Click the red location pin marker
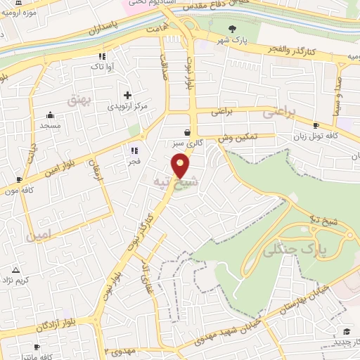[181, 166]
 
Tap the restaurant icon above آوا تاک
[102, 57]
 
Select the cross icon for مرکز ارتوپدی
[127, 95]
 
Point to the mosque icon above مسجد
[50, 115]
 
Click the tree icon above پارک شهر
[233, 29]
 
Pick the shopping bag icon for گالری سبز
[187, 132]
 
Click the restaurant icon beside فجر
[134, 150]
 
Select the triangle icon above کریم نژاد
[15, 270]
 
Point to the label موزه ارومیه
[20, 13]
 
